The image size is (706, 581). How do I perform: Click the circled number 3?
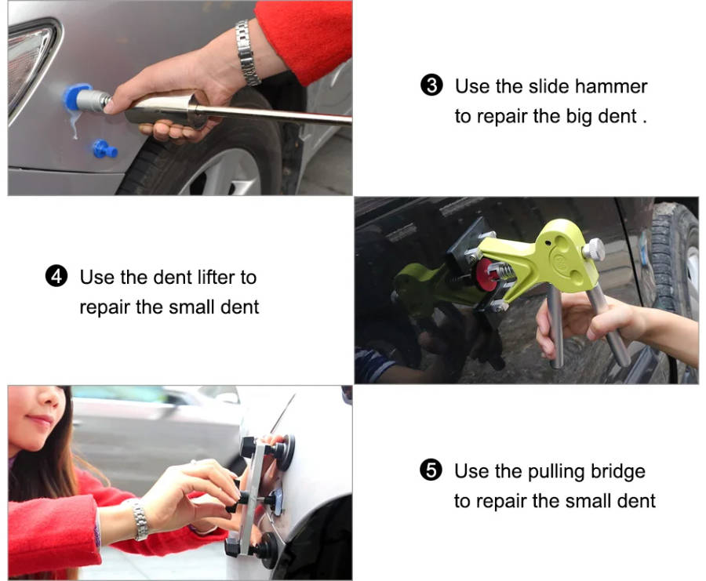click(x=431, y=85)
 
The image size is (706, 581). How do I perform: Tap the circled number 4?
click(x=56, y=276)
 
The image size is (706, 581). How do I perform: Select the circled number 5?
click(x=431, y=470)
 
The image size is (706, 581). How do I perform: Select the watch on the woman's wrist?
click(x=140, y=520)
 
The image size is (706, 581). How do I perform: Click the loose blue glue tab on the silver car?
click(x=105, y=148)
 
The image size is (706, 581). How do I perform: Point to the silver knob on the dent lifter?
click(x=595, y=249)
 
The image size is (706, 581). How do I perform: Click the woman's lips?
click(x=41, y=420)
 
